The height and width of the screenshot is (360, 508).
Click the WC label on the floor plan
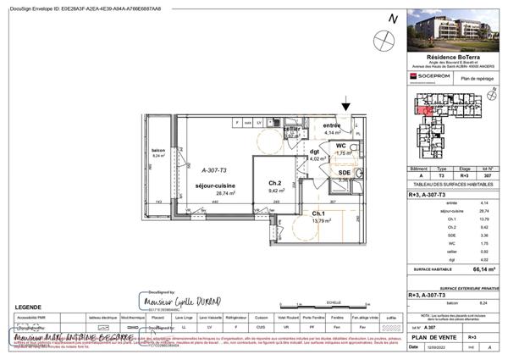click(x=340, y=146)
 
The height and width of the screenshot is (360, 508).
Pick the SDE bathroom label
click(x=344, y=173)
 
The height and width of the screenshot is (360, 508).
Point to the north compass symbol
click(x=387, y=36)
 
